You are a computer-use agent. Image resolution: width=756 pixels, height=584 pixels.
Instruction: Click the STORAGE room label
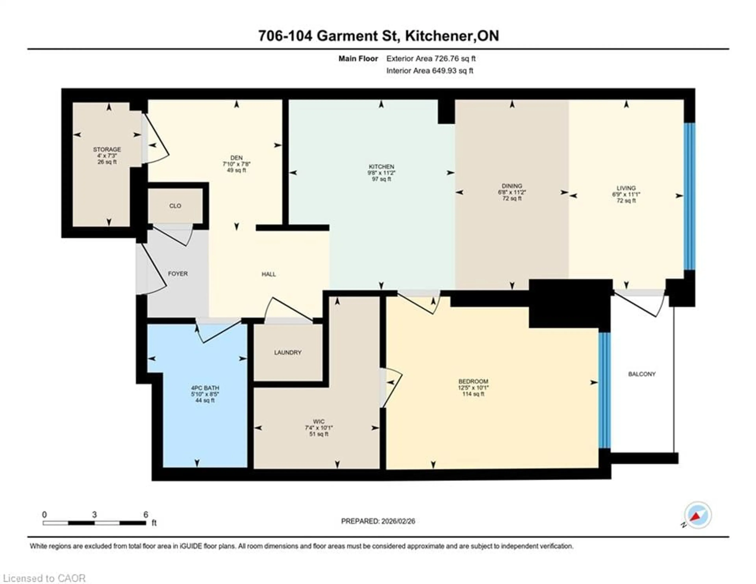(x=107, y=149)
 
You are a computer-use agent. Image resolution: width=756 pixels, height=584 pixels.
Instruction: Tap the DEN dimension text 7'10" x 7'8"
(x=236, y=164)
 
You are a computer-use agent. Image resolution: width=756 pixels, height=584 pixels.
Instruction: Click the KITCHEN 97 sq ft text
(x=382, y=179)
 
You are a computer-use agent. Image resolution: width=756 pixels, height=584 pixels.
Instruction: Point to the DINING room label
(x=512, y=186)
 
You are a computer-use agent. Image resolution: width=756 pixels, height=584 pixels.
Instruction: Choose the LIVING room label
(x=626, y=188)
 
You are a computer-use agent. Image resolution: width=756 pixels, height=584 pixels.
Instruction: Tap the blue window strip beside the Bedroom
(x=604, y=390)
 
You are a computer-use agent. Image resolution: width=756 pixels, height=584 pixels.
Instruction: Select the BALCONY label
(x=642, y=374)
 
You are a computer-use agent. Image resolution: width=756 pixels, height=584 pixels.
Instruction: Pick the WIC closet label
(x=319, y=421)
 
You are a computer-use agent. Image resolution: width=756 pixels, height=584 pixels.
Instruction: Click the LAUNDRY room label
(x=288, y=353)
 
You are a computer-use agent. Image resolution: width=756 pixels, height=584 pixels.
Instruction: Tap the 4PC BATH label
(x=205, y=388)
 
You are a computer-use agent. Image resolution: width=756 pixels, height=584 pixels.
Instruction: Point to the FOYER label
(x=178, y=274)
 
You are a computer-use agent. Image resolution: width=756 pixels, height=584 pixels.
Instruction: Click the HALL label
(x=269, y=274)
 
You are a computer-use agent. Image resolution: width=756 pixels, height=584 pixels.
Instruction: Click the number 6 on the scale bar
(x=146, y=514)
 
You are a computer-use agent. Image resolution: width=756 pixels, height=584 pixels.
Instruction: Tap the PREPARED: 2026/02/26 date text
(x=378, y=521)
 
